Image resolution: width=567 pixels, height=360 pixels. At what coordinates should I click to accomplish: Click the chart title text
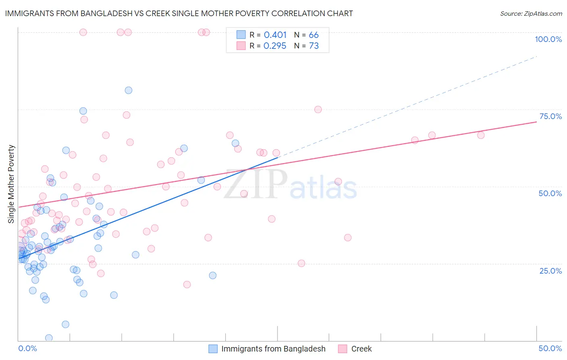(x=179, y=14)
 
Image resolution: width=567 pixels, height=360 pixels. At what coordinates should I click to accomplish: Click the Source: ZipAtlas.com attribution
(x=531, y=14)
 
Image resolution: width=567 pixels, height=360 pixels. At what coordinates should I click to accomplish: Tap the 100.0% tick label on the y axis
(x=548, y=39)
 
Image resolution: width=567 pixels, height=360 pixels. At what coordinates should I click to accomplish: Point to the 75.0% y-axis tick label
(x=550, y=116)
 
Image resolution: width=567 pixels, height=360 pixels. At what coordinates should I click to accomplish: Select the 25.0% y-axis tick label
(x=550, y=271)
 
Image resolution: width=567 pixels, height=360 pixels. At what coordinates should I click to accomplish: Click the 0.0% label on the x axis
(x=27, y=348)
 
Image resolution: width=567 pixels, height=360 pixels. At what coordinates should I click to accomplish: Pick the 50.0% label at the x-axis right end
(x=550, y=348)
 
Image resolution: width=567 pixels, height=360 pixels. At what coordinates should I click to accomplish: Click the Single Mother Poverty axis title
(x=11, y=184)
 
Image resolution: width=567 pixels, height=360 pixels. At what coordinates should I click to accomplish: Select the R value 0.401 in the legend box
(x=275, y=35)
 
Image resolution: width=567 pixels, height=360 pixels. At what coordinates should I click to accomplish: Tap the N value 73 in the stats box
(x=314, y=46)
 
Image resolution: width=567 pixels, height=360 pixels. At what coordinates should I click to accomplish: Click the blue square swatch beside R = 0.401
(x=241, y=35)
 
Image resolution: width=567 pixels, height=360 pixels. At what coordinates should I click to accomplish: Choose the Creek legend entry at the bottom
(x=361, y=349)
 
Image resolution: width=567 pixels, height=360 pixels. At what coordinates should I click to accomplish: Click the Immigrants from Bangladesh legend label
(x=273, y=349)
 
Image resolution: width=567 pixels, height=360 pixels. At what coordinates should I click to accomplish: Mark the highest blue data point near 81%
(x=128, y=90)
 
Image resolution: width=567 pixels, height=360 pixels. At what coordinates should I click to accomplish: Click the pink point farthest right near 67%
(x=481, y=135)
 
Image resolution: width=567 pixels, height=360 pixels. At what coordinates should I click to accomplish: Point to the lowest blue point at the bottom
(x=49, y=338)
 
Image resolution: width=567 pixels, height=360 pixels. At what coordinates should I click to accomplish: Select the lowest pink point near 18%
(x=187, y=285)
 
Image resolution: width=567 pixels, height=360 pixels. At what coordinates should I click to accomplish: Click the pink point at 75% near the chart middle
(x=318, y=109)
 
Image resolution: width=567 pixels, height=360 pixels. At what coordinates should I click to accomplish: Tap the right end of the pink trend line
(x=536, y=121)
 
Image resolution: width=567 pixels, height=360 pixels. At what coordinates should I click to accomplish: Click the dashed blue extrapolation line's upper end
(x=536, y=57)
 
